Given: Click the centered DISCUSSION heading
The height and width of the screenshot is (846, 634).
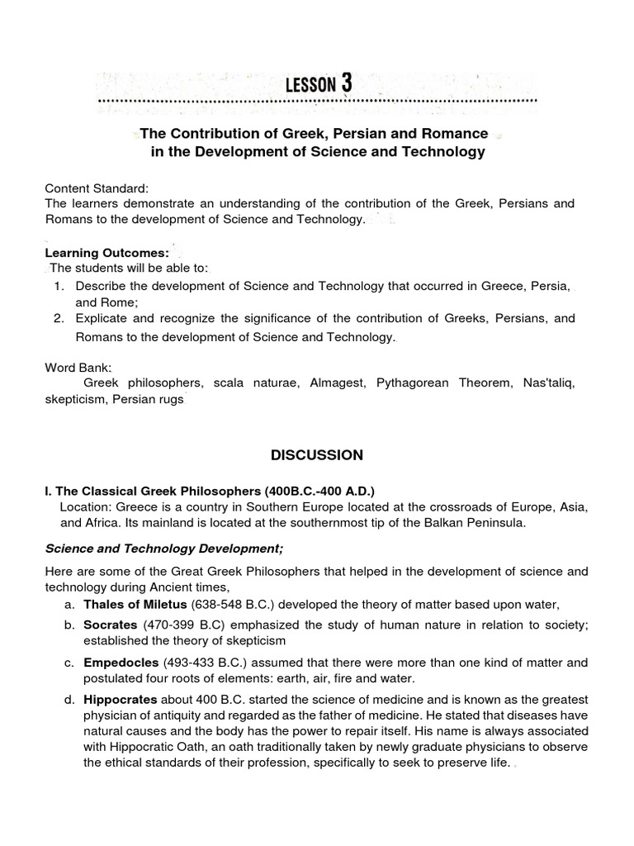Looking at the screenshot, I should point(317,454).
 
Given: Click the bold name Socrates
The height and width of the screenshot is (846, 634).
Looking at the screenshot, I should point(111,625).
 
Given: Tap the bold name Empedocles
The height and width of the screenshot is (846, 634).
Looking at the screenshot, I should point(120,662).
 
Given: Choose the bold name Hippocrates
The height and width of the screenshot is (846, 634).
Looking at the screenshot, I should point(120,699).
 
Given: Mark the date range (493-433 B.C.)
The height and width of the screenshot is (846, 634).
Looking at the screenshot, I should point(202,662).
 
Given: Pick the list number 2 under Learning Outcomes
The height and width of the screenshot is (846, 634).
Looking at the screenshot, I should point(58,318).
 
